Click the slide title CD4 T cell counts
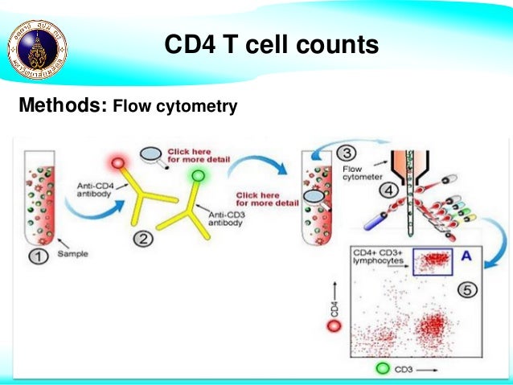[x=271, y=44]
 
